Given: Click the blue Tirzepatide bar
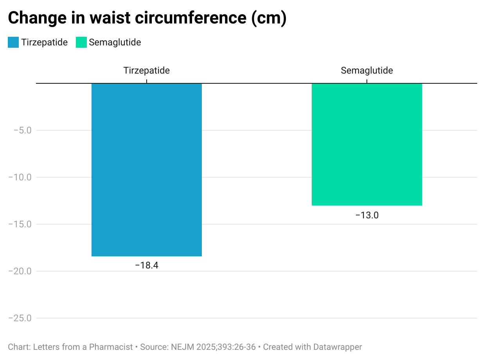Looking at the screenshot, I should (147, 170).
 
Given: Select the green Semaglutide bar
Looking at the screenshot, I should (366, 144).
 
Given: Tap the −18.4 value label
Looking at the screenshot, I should (147, 265).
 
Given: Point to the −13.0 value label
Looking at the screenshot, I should (367, 215).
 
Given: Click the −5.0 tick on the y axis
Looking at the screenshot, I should (22, 130).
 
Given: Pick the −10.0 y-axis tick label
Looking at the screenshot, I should (20, 177).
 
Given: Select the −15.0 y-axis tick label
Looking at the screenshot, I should (20, 224).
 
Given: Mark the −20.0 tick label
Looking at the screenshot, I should (20, 271).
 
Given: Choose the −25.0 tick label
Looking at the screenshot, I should (20, 318).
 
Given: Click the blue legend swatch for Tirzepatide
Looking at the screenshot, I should (13, 42).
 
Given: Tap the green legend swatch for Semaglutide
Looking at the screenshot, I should (81, 42).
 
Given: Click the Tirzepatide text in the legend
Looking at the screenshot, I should (45, 42).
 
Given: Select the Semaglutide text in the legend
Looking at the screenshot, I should (115, 42).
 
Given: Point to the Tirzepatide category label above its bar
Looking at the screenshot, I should (147, 71).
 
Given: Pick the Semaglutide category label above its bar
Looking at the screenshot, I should (367, 71).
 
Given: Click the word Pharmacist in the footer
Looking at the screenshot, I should (111, 347).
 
